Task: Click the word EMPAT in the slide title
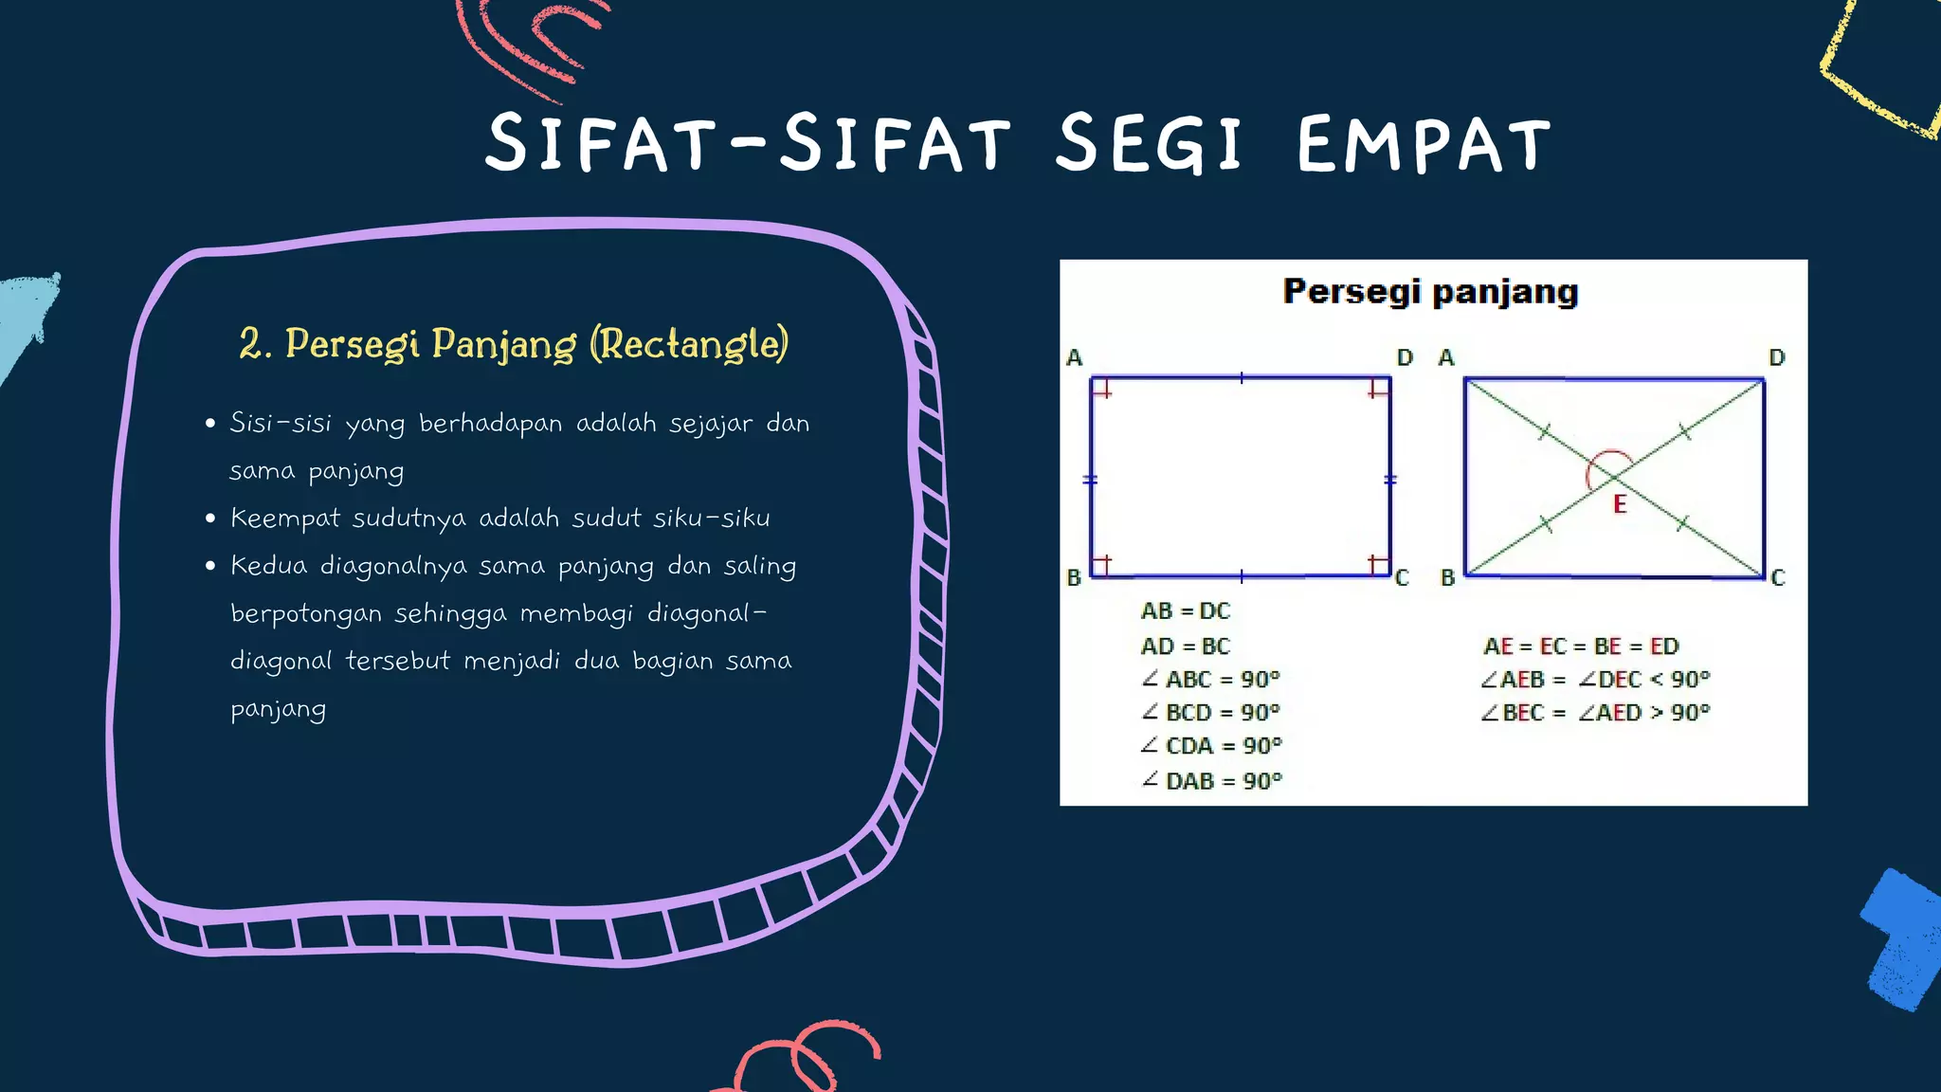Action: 1424,145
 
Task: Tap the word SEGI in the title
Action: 1149,145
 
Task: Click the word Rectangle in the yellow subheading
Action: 688,343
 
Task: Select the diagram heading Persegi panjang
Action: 1430,291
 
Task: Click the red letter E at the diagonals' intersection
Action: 1620,504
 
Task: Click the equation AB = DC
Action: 1185,611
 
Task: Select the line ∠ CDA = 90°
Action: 1211,746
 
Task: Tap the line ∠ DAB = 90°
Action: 1211,781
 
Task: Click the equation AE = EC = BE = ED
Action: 1581,646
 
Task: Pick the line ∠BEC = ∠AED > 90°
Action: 1595,713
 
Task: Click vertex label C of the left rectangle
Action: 1403,577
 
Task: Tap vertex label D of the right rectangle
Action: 1777,357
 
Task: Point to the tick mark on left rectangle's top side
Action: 1242,378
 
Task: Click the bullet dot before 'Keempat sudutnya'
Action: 210,519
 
